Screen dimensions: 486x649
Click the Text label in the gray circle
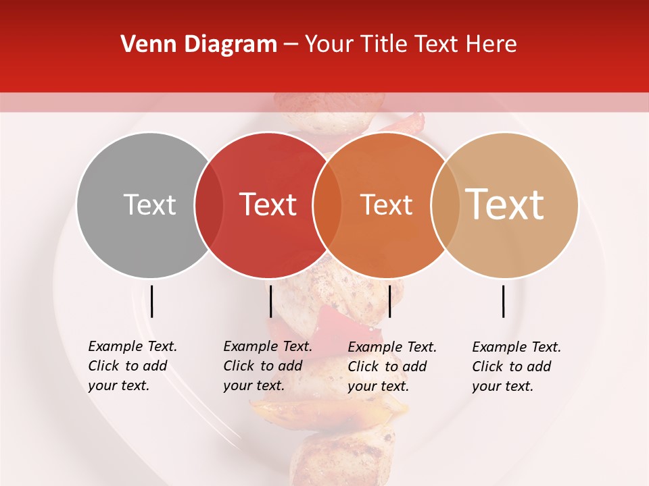(x=149, y=205)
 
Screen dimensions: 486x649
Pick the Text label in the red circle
(x=268, y=205)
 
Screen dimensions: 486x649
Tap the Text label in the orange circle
(x=386, y=205)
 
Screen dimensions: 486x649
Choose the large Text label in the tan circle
(x=505, y=204)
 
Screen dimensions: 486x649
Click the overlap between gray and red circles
(x=209, y=205)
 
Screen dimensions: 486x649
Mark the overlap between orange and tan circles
(x=446, y=205)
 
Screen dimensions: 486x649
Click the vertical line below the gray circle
(x=152, y=301)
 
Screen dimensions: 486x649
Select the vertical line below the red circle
(x=270, y=301)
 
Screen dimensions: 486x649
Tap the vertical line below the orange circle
(x=389, y=301)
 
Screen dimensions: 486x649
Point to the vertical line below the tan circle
(x=504, y=301)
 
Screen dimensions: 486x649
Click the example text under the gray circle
(x=133, y=366)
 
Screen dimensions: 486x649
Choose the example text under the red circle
(x=268, y=366)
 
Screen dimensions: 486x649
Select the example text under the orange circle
(x=392, y=367)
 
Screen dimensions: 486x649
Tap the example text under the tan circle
(x=516, y=367)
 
